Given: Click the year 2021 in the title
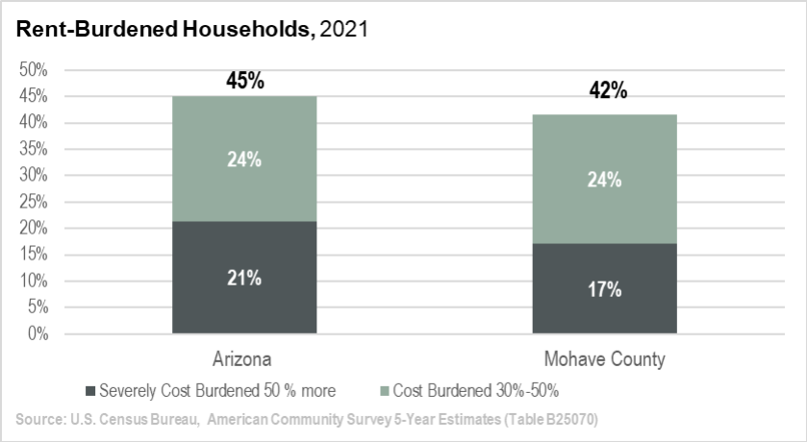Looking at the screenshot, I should pos(343,31).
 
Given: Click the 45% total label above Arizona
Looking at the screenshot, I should pos(245,81).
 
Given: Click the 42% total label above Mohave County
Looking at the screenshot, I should pos(607,91).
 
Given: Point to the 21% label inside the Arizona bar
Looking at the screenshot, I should pos(245,279).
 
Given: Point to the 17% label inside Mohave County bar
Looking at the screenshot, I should pos(606,288).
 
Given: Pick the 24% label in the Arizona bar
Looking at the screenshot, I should pos(245,160).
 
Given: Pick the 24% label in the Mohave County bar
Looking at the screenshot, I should pos(606,180).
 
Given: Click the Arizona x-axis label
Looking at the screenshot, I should pos(245,360).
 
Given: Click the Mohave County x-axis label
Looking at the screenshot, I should pos(606,360).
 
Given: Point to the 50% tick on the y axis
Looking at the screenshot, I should pos(34,70).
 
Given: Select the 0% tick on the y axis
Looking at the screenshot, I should pos(38,334).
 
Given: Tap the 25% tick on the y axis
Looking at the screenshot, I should pos(34,202).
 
